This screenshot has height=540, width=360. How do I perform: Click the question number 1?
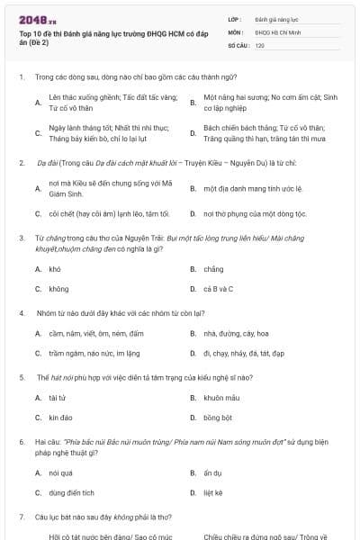(21, 77)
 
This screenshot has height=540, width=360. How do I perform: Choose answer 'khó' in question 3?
(55, 269)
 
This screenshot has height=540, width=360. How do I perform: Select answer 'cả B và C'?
(216, 289)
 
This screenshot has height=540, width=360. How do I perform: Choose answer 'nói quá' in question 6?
(60, 472)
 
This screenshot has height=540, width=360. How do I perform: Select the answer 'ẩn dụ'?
(213, 472)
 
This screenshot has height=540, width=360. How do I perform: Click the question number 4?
(21, 312)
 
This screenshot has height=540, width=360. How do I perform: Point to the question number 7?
(21, 517)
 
